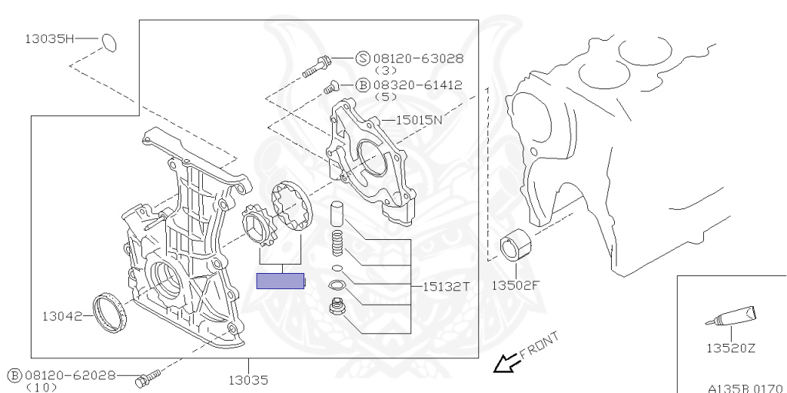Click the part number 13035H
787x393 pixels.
click(50, 38)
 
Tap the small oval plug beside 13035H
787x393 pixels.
click(109, 43)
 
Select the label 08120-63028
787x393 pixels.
click(418, 58)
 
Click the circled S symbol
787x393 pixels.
click(363, 58)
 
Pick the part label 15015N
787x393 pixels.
click(420, 120)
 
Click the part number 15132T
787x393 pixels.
click(447, 286)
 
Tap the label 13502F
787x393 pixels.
click(515, 285)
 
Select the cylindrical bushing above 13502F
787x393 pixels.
click(516, 245)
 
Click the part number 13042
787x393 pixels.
click(61, 316)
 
